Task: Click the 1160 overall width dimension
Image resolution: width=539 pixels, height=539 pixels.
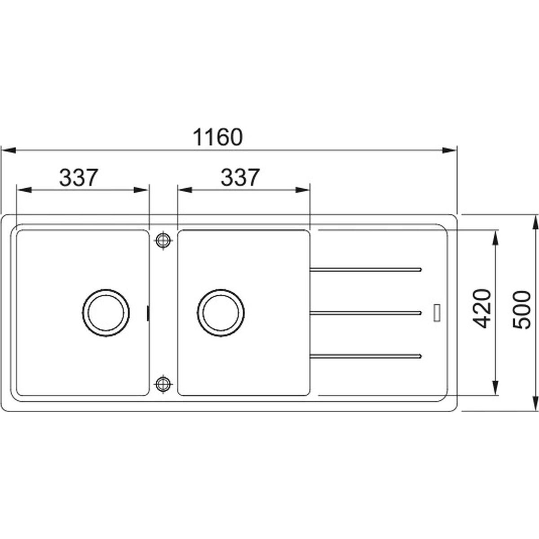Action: [218, 137]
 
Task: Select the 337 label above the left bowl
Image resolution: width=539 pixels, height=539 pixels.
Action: [79, 177]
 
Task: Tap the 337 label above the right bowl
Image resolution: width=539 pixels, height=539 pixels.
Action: [240, 177]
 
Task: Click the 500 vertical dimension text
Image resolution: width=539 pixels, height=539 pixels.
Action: [521, 310]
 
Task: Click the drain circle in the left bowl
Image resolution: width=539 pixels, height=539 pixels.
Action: [106, 313]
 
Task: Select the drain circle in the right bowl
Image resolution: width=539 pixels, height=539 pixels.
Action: [221, 313]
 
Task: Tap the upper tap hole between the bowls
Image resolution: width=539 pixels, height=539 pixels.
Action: [163, 240]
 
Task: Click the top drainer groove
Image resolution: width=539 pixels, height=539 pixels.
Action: [366, 269]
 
